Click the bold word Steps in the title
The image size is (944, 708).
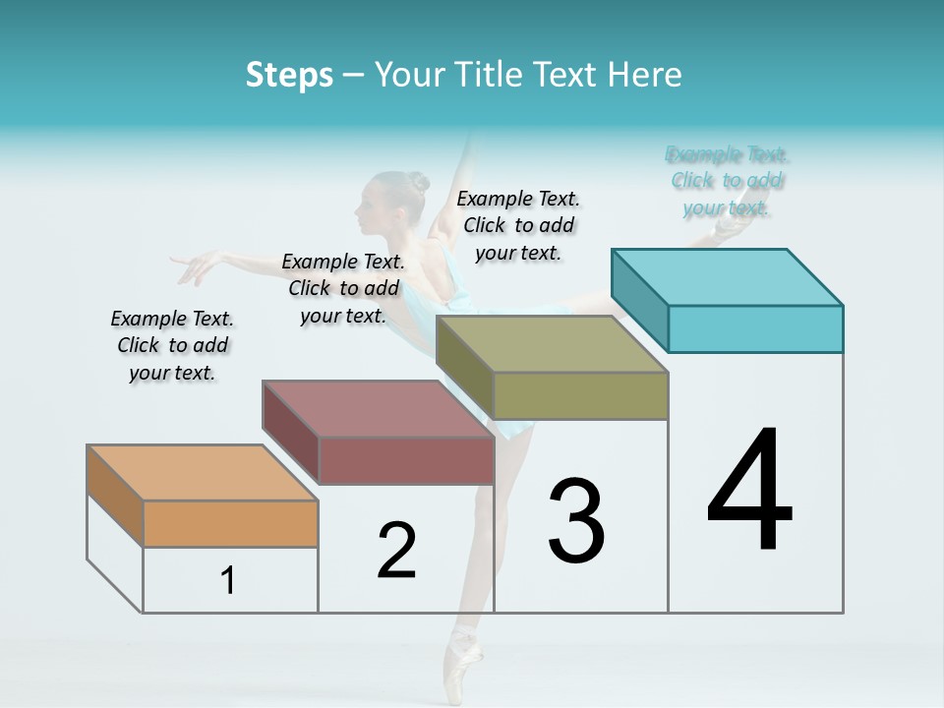(x=289, y=75)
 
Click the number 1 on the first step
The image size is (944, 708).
(x=228, y=581)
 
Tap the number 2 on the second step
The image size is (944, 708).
(x=396, y=551)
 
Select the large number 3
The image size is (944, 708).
(x=576, y=521)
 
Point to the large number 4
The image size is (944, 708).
(x=749, y=492)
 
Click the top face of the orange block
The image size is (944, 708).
(x=203, y=473)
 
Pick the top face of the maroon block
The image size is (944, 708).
(x=377, y=408)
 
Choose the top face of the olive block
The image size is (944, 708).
(x=551, y=344)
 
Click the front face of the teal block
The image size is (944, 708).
(x=755, y=328)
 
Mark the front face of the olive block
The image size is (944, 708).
(x=580, y=395)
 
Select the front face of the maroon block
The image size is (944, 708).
(x=406, y=460)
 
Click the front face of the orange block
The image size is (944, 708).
(x=230, y=523)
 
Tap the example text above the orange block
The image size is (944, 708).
(x=172, y=345)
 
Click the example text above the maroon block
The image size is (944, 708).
(x=343, y=288)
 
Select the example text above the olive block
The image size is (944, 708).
(x=518, y=225)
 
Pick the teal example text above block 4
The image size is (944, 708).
(x=727, y=181)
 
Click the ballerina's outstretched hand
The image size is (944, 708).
(x=197, y=265)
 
